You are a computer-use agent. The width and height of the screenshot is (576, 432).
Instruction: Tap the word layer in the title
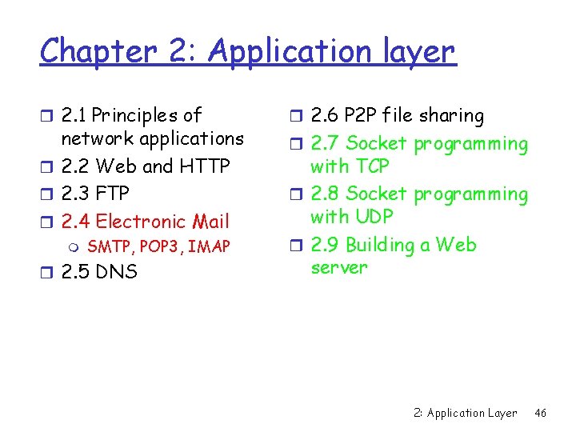tap(414, 52)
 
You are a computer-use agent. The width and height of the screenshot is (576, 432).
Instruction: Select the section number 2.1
tap(74, 116)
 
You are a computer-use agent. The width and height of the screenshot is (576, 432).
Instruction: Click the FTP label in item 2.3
tap(112, 194)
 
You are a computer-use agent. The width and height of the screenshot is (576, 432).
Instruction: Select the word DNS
tap(116, 272)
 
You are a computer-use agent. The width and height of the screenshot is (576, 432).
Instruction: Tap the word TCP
tap(372, 166)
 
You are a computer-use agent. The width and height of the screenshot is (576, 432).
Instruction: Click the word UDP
tap(373, 216)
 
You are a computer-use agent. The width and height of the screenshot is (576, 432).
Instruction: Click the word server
tap(338, 267)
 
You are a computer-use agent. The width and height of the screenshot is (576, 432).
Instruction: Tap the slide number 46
tap(540, 414)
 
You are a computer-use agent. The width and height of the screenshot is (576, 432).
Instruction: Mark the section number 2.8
tap(324, 194)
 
